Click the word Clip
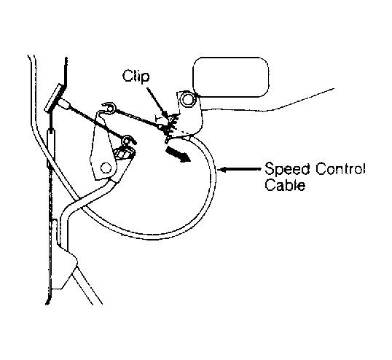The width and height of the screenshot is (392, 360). click(x=136, y=76)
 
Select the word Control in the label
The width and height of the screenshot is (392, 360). click(x=340, y=169)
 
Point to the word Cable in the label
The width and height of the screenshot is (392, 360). click(x=285, y=185)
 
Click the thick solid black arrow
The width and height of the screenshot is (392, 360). click(x=178, y=154)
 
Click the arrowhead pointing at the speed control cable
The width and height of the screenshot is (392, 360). click(x=222, y=170)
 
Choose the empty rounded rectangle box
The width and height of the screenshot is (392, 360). click(x=231, y=77)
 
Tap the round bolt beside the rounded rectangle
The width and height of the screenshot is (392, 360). click(x=187, y=99)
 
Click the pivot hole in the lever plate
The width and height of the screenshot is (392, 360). click(x=106, y=168)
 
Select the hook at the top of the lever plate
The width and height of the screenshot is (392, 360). click(x=108, y=107)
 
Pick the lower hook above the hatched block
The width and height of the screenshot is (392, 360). click(x=128, y=141)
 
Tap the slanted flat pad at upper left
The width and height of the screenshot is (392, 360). click(x=55, y=98)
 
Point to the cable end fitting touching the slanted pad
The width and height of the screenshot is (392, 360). click(x=65, y=103)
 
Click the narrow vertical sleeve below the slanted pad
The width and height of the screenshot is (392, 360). click(x=50, y=147)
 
